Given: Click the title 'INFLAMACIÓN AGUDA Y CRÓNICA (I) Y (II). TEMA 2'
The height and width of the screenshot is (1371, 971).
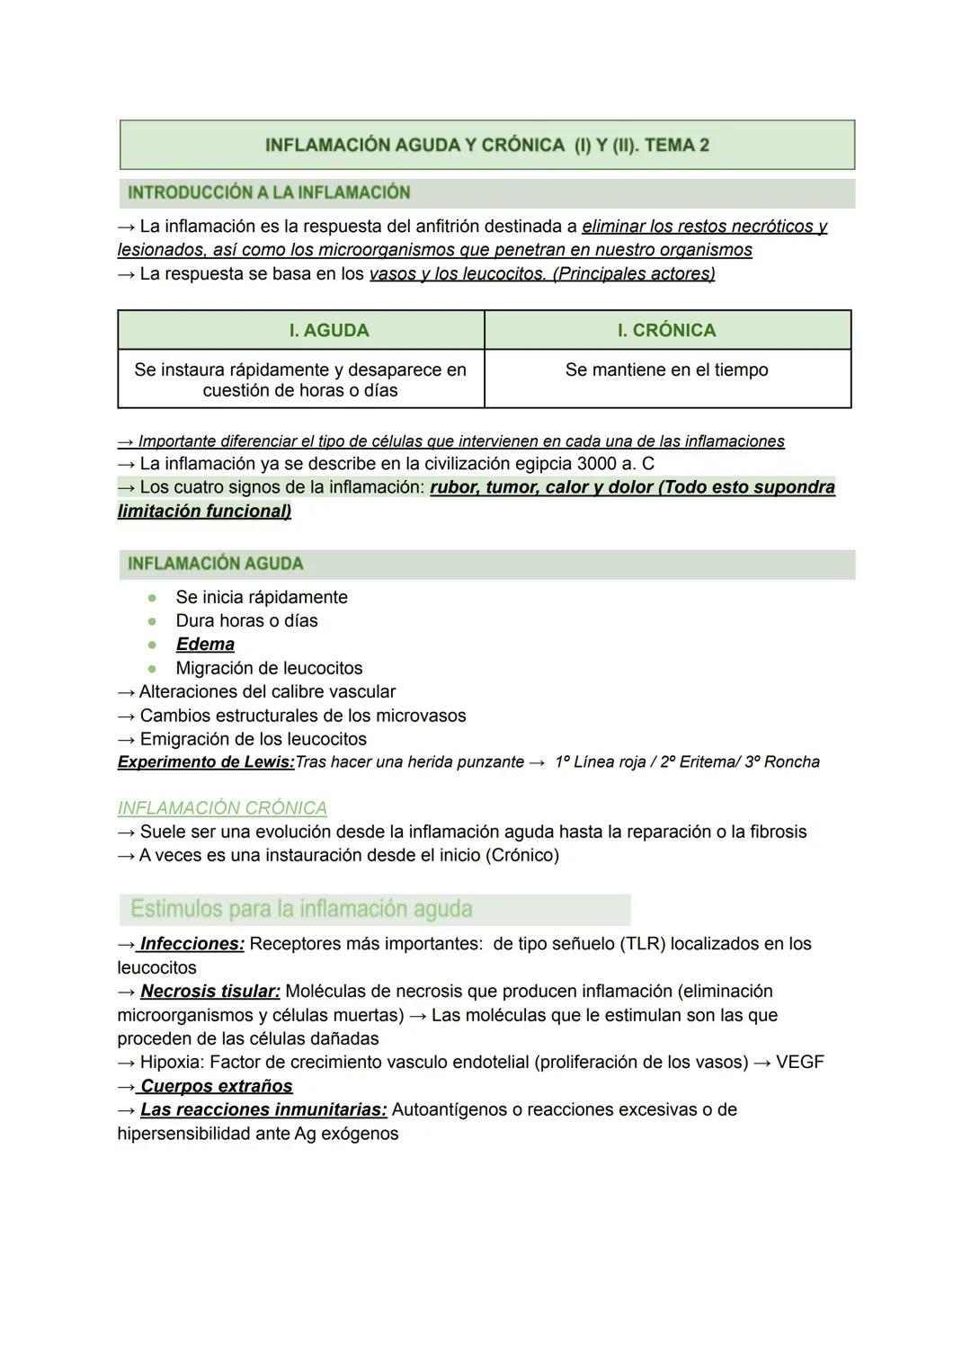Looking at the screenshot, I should point(486,146).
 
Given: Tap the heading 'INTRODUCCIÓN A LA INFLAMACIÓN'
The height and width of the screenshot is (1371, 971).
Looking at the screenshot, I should point(269,192).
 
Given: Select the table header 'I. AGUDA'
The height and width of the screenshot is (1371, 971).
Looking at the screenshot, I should point(329,331).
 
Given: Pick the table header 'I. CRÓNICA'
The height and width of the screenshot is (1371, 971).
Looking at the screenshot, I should point(666,331).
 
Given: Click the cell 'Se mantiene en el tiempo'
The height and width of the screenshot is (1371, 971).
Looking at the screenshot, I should point(666,369).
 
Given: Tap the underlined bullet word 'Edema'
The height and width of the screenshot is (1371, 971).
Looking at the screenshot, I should point(205,645).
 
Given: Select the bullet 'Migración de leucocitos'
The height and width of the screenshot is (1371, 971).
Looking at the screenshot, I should point(269,668).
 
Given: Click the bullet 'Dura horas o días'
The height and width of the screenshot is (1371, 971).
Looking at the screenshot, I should point(246,620).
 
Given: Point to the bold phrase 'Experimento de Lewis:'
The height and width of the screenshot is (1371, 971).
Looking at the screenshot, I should point(206,762).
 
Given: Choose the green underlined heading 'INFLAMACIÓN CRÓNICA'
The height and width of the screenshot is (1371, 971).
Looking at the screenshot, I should point(222,808).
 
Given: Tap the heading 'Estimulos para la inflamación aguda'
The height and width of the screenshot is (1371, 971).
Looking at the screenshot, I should point(301,909).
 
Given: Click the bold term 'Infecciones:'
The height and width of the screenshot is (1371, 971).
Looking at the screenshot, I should point(192,944).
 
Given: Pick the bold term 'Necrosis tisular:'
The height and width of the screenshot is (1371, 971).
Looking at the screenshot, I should point(210,992).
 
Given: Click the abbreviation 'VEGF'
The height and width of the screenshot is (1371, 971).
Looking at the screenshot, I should point(799,1063).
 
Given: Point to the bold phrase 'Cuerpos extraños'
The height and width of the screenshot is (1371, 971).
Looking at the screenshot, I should point(217,1086).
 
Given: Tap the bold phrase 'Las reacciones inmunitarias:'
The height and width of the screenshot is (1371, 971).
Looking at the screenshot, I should point(263,1110).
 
